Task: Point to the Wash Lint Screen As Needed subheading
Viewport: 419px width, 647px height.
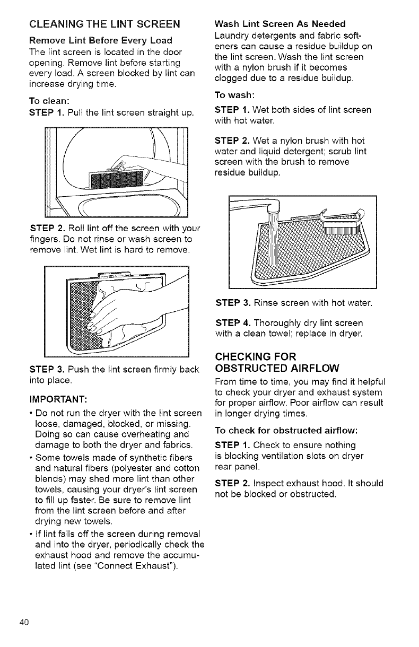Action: pos(280,24)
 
